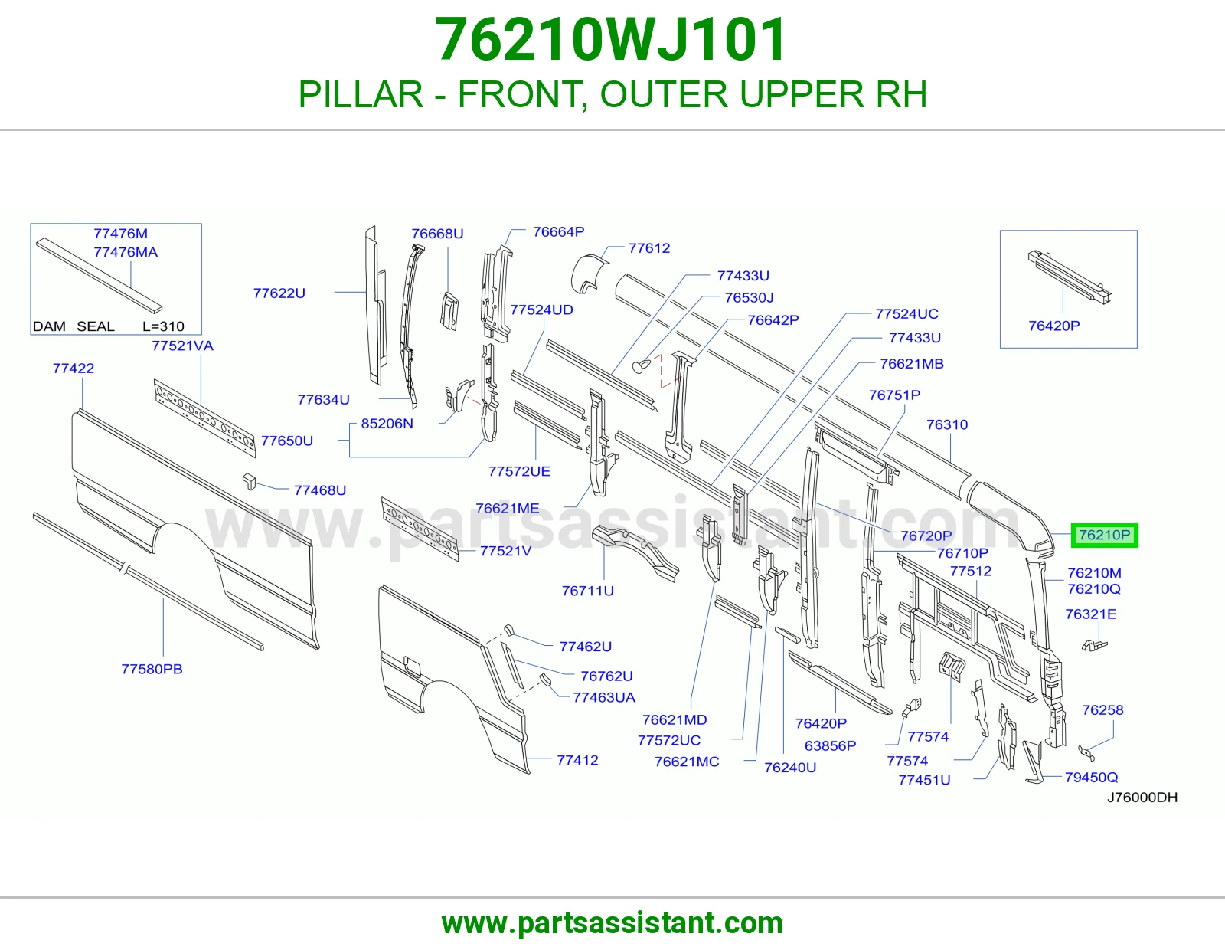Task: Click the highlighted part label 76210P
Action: tap(1104, 535)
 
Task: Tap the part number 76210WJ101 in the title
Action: tap(611, 40)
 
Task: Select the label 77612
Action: tap(649, 248)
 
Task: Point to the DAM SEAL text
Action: tap(73, 326)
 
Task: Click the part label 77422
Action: tap(73, 369)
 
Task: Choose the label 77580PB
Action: tap(152, 669)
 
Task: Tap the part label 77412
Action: tap(577, 760)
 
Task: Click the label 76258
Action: tap(1102, 709)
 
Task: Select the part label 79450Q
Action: tap(1091, 777)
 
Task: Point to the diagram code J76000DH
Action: tap(1142, 797)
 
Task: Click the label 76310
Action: tap(947, 424)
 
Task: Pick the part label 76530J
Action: tap(750, 297)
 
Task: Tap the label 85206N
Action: tap(387, 423)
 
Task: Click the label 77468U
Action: tap(319, 490)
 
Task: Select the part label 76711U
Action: tap(587, 591)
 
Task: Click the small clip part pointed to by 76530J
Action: tap(640, 367)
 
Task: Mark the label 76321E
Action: tap(1091, 614)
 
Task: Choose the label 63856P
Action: tap(831, 745)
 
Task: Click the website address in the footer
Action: tap(612, 923)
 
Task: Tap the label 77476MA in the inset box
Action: tap(126, 252)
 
